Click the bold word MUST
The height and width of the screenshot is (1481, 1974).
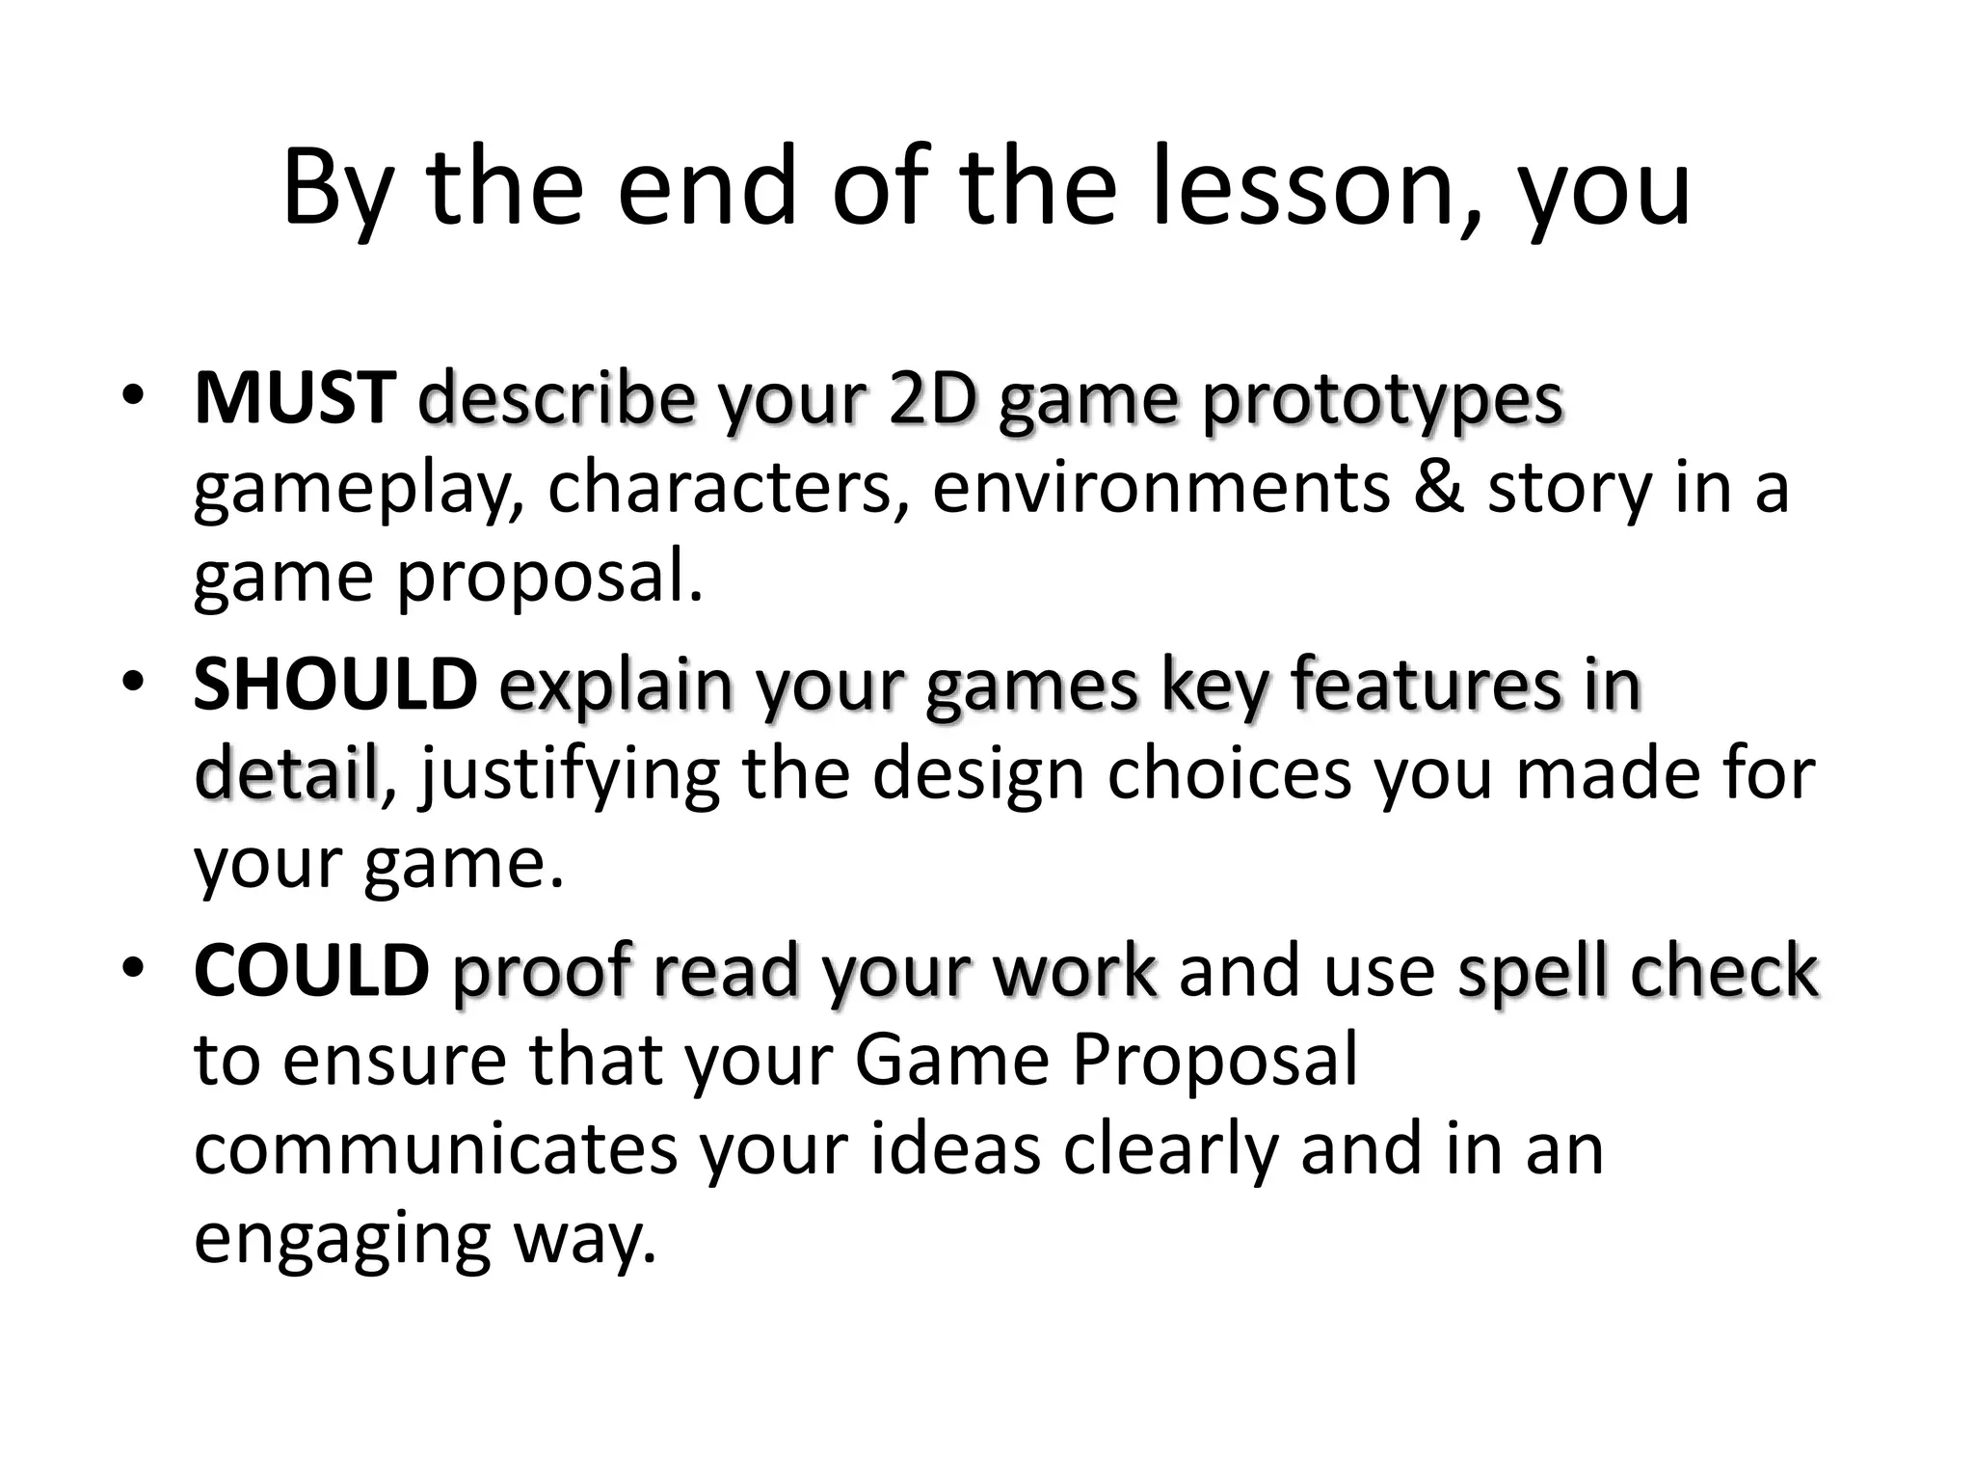(294, 398)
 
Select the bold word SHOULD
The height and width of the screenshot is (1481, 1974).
(335, 684)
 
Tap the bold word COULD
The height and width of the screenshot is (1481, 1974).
(311, 970)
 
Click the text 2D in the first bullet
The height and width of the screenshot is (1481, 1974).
(932, 398)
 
